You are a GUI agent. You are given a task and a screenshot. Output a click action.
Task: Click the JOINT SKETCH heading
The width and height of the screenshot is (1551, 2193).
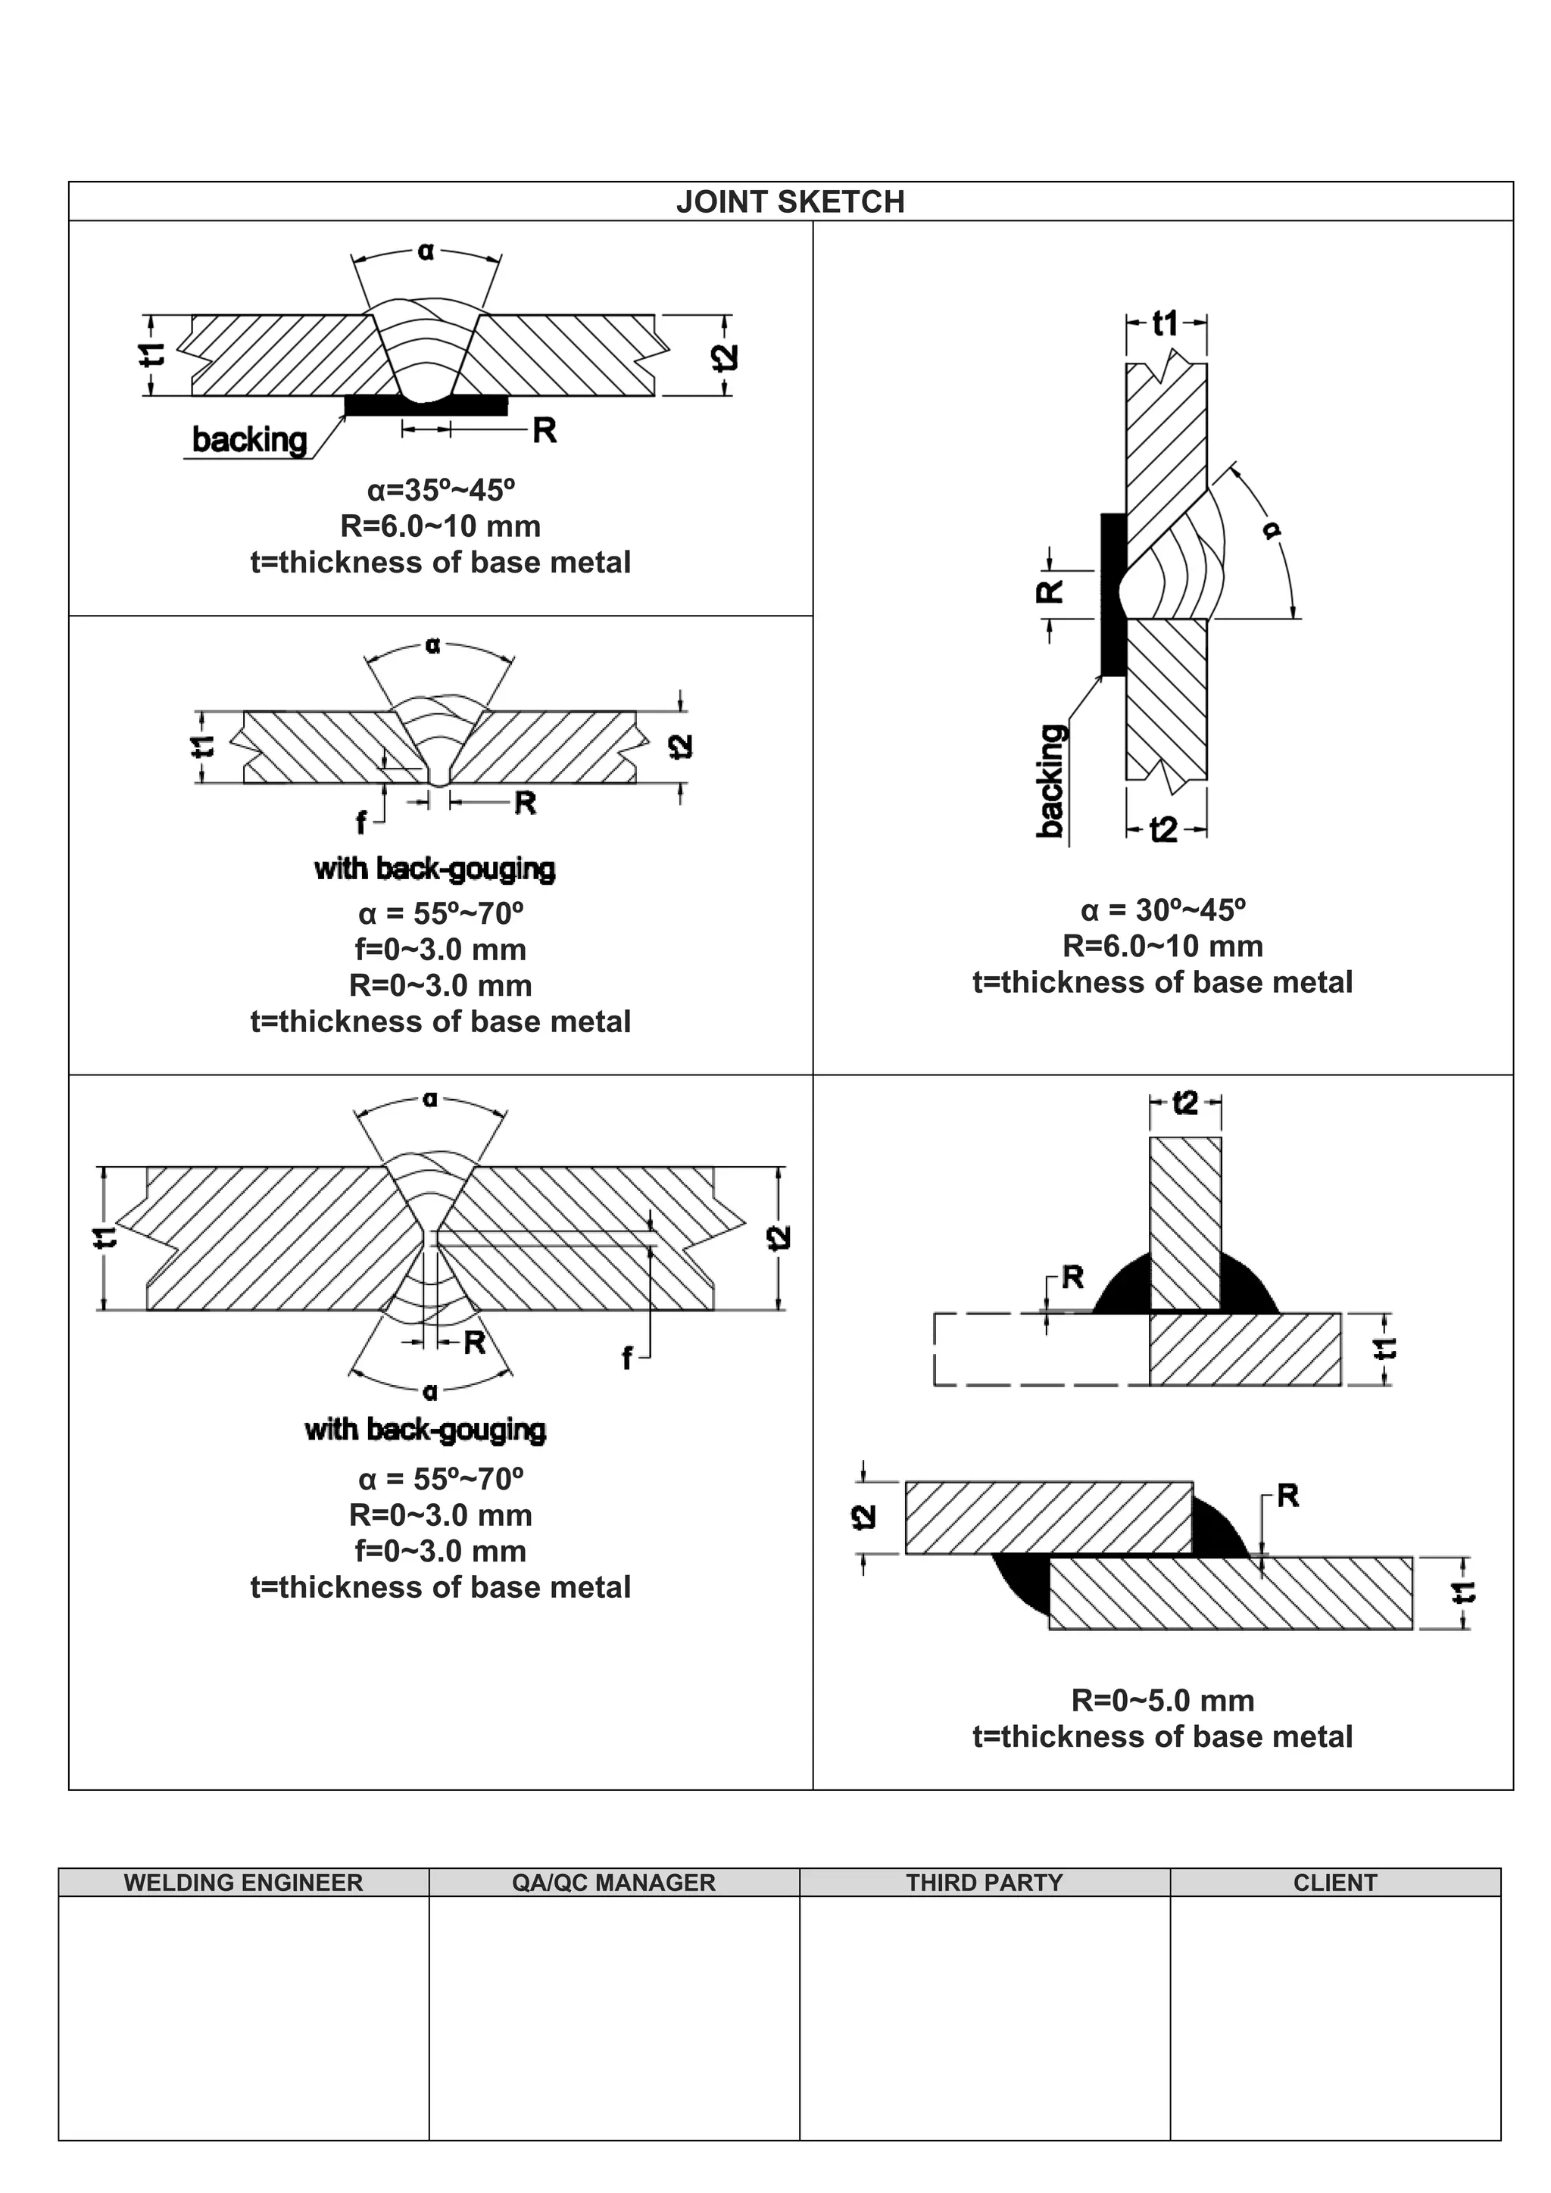[x=790, y=201]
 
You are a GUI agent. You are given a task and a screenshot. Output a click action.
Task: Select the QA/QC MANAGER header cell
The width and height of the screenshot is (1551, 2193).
[x=613, y=1882]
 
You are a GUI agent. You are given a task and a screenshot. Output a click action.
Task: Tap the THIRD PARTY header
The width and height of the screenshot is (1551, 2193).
[x=984, y=1882]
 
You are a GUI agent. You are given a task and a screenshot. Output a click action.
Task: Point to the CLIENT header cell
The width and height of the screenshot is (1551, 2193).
[x=1334, y=1882]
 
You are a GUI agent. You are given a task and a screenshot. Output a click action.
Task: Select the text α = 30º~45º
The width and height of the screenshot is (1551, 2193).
[x=1162, y=909]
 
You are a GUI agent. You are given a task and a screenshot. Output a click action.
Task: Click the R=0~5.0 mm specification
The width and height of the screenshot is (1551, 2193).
[x=1162, y=1700]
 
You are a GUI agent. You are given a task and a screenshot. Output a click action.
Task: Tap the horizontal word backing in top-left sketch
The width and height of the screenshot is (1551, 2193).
[x=249, y=440]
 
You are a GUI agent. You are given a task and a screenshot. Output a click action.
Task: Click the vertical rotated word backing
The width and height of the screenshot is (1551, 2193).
[x=1050, y=781]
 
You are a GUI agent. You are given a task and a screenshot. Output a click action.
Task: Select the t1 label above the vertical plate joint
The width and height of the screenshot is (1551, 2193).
[x=1166, y=325]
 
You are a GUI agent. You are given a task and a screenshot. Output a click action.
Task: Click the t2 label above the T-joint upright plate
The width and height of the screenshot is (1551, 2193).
[x=1184, y=1103]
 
